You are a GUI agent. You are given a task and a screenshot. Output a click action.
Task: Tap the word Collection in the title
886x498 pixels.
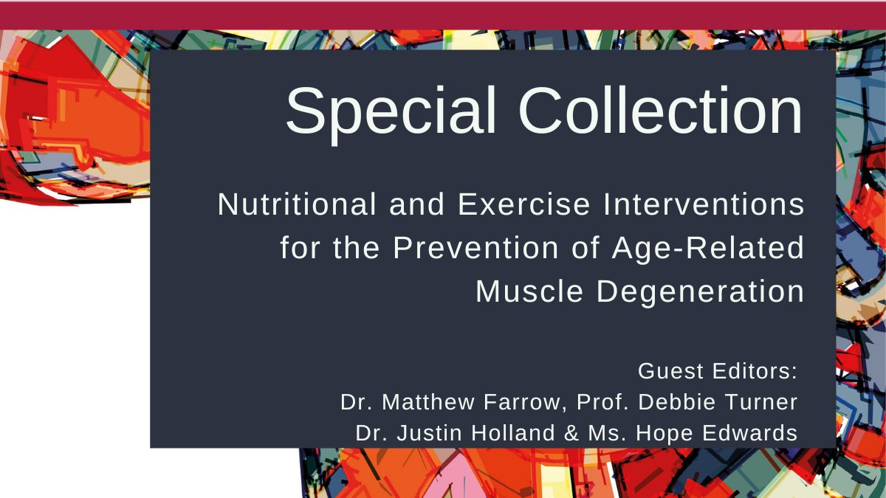[x=653, y=111]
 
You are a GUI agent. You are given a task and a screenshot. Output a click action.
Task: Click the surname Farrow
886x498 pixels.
[x=521, y=402]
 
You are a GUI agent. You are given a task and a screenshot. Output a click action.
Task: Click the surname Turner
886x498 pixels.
[x=760, y=402]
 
